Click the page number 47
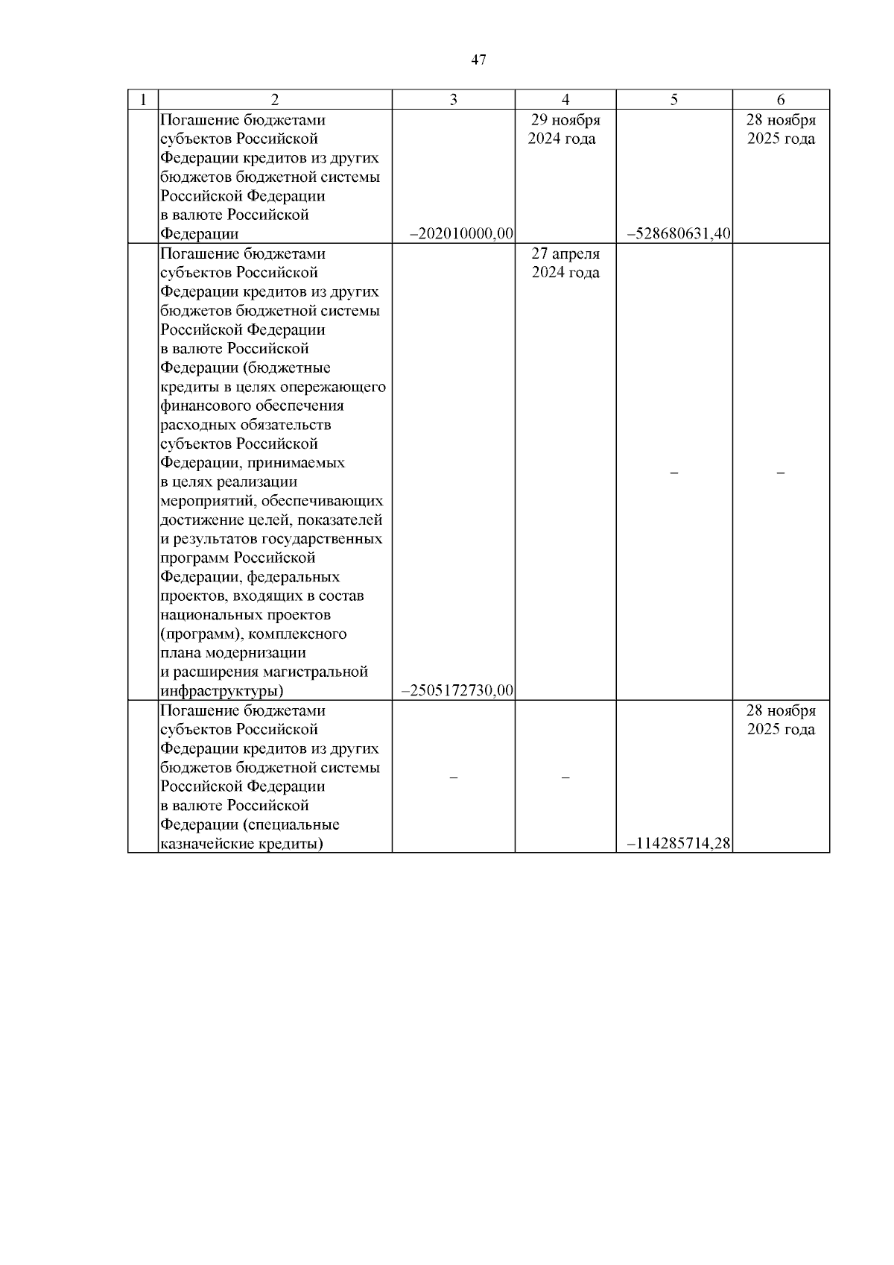pyautogui.click(x=479, y=60)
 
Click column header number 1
pyautogui.click(x=142, y=100)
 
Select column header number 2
pyautogui.click(x=275, y=100)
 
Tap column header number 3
pyautogui.click(x=453, y=100)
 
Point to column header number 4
pyautogui.click(x=565, y=100)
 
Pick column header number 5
pyautogui.click(x=674, y=100)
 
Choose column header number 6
pyautogui.click(x=781, y=100)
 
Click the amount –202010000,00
pyautogui.click(x=462, y=234)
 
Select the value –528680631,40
pyautogui.click(x=679, y=234)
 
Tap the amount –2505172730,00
pyautogui.click(x=457, y=690)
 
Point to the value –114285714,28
pyautogui.click(x=679, y=844)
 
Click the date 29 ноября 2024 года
pyautogui.click(x=565, y=129)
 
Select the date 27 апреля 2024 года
pyautogui.click(x=565, y=262)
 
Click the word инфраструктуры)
pyautogui.click(x=222, y=691)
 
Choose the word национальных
pyautogui.click(x=210, y=615)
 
